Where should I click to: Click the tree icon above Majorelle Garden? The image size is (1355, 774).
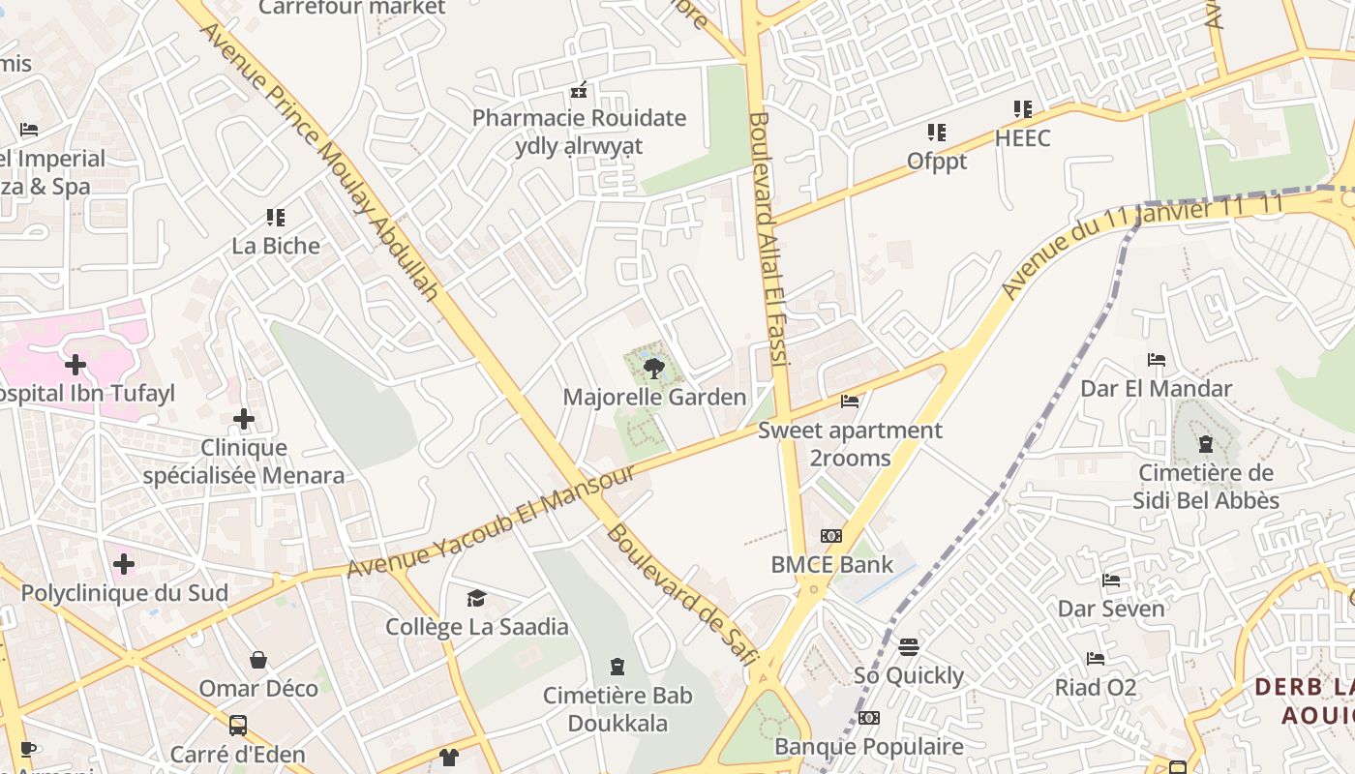654,368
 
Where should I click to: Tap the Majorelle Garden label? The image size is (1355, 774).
654,397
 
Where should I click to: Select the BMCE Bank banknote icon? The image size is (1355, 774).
831,536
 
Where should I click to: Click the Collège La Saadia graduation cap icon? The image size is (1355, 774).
476,599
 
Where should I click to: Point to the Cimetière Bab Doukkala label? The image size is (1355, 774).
617,709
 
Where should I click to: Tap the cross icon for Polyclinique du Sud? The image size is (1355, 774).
124,563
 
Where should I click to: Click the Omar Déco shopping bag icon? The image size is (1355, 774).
258,661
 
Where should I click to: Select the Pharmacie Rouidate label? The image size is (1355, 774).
579,119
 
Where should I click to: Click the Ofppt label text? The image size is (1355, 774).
937,161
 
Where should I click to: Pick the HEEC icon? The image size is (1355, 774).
1023,109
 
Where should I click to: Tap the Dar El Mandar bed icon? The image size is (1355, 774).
1156,360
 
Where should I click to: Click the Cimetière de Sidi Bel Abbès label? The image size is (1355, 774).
1206,487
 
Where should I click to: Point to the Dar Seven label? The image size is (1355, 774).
1111,609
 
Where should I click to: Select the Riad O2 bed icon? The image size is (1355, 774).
1096,659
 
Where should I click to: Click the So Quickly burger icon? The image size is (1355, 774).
908,646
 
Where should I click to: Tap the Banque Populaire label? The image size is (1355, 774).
869,746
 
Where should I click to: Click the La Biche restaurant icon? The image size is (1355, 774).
276,218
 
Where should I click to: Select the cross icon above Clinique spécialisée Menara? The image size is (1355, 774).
244,419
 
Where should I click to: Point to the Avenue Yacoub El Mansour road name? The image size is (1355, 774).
491,521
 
